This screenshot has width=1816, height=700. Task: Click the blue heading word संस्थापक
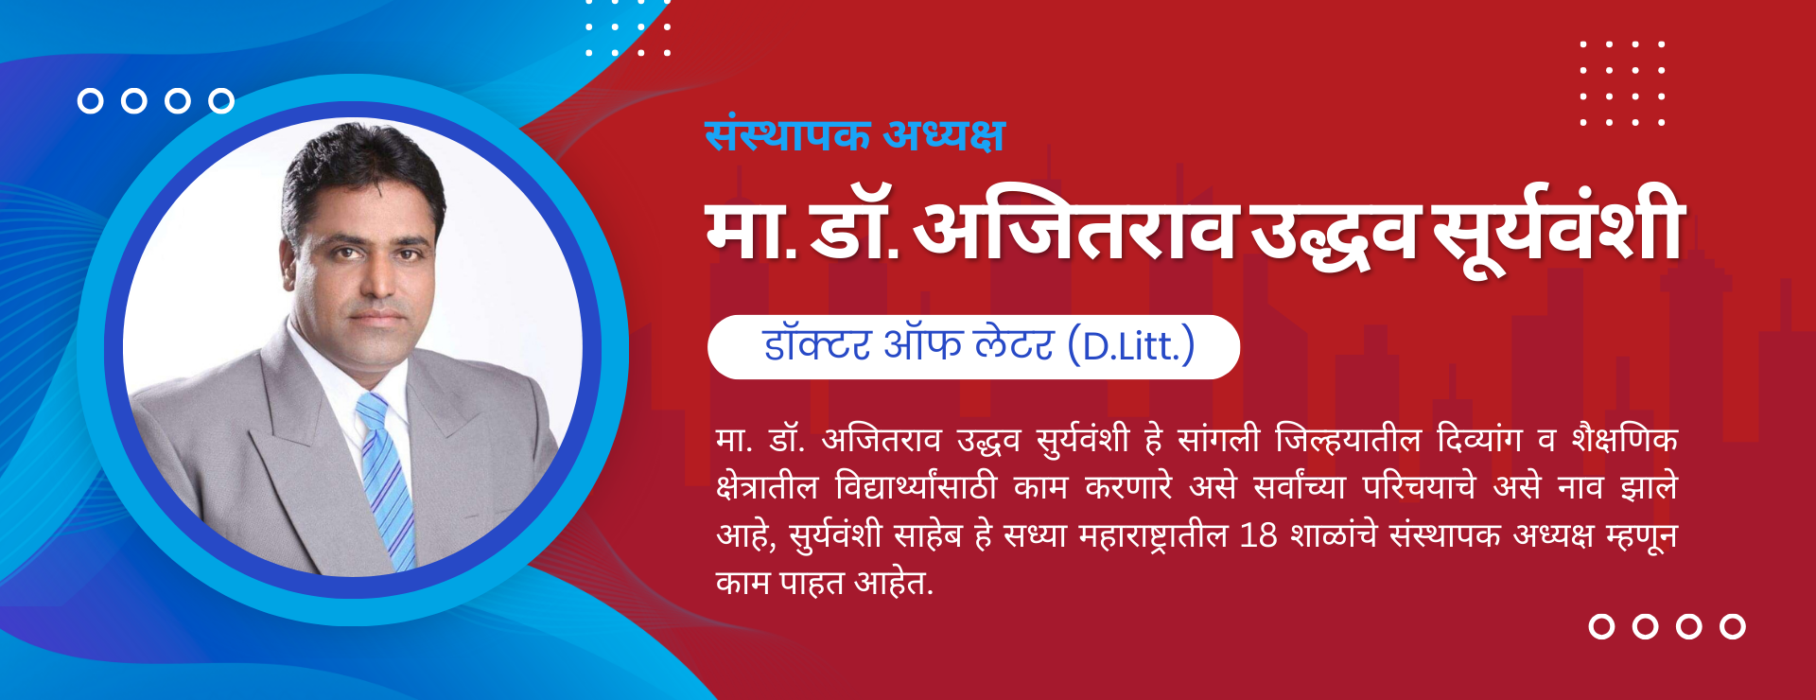pos(787,134)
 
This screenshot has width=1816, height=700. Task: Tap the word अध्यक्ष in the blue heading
pos(943,134)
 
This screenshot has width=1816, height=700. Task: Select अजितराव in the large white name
pos(1077,230)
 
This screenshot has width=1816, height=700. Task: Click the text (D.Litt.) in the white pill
pos(1131,346)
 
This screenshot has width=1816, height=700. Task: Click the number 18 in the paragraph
pos(1259,535)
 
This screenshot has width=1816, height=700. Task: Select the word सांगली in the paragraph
pos(1218,439)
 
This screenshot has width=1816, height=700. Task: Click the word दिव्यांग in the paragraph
pos(1479,439)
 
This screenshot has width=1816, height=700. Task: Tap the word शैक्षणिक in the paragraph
pos(1625,439)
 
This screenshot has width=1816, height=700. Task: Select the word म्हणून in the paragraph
pos(1643,536)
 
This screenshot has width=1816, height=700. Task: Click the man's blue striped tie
pos(387,478)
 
